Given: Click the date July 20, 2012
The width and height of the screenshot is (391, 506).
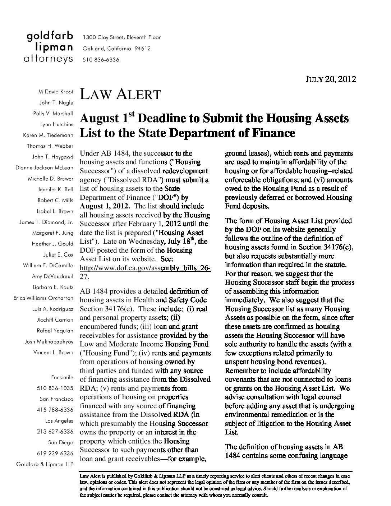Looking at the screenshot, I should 331,79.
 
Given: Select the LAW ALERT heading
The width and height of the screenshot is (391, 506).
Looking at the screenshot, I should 120,95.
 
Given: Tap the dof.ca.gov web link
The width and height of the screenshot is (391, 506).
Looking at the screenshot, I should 145,268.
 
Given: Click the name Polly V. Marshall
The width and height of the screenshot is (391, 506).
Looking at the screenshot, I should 53,114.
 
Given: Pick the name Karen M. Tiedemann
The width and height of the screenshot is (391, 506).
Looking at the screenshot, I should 48,135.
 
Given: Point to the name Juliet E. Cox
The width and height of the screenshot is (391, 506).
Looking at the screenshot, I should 58,254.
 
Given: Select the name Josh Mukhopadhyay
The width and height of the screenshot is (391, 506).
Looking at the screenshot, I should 49,341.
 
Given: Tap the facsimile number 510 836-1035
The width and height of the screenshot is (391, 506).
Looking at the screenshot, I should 55,388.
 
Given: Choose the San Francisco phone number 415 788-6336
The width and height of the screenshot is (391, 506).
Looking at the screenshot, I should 55,410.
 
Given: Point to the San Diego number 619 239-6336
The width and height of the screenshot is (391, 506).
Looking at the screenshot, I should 55,453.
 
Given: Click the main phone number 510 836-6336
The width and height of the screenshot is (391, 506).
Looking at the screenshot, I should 101,60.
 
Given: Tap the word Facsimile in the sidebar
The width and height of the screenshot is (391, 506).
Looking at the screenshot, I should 63,377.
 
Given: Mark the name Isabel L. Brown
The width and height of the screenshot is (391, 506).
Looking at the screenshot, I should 55,211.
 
